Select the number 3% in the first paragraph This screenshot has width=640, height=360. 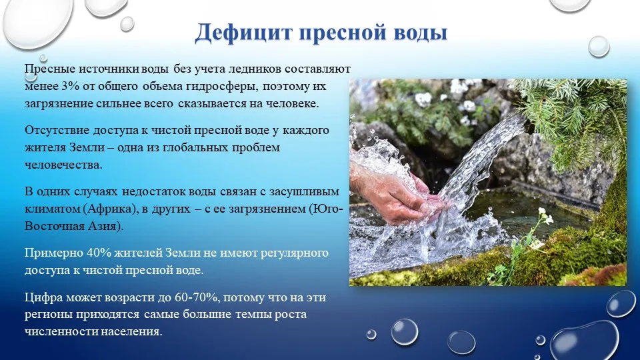click(71, 87)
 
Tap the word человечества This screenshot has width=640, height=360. click(63, 165)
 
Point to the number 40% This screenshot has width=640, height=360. click(99, 253)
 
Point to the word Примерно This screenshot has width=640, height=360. click(53, 253)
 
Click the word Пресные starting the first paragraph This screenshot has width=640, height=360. click(49, 69)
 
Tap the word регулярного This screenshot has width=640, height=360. click(294, 253)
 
